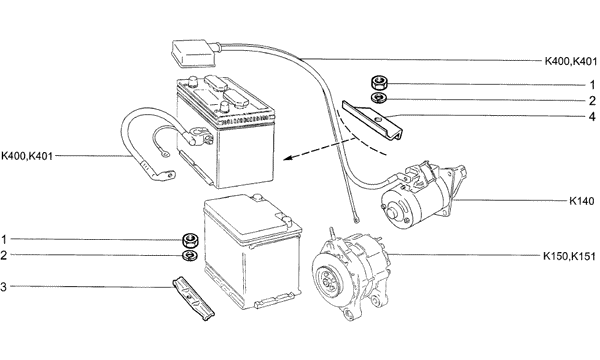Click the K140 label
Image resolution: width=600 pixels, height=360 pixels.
click(582, 201)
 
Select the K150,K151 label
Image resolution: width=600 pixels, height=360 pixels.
click(569, 256)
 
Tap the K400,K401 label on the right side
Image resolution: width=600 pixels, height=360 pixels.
click(571, 61)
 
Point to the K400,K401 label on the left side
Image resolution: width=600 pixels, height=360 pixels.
click(27, 156)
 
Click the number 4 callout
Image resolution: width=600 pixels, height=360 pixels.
click(592, 116)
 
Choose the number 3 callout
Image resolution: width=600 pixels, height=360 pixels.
click(3, 287)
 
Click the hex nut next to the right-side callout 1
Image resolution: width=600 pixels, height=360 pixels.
click(380, 82)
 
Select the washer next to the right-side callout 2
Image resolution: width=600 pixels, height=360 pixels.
click(379, 98)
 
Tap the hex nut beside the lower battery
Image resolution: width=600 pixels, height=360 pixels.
click(190, 240)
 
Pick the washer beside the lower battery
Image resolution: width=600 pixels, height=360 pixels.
click(190, 256)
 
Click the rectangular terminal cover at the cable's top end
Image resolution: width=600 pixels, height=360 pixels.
click(195, 53)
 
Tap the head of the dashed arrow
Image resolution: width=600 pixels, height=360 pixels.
click(289, 157)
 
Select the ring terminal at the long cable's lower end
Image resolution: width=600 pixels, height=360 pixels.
click(357, 220)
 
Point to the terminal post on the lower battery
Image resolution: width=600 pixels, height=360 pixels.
click(287, 221)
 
